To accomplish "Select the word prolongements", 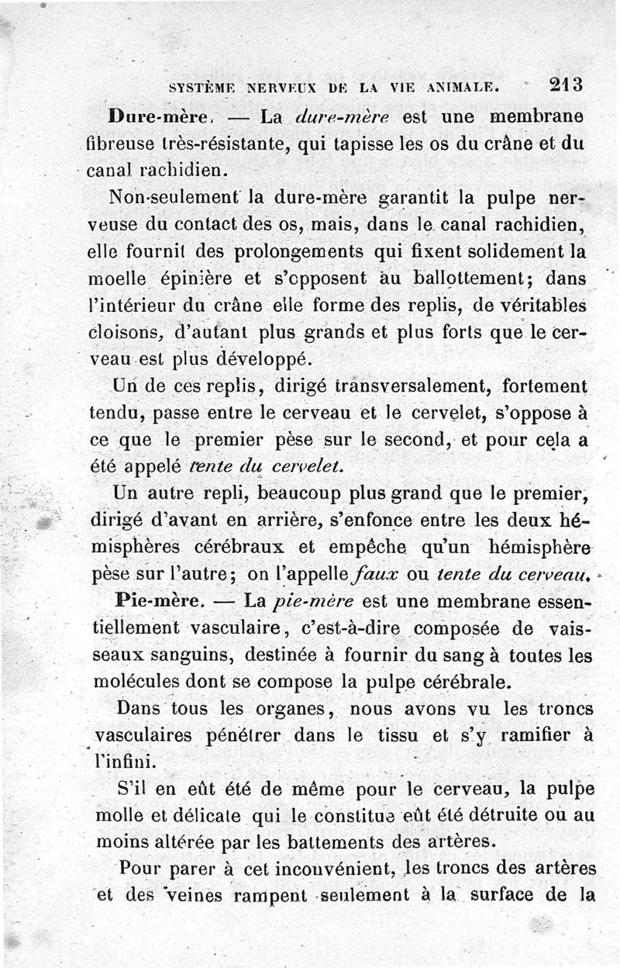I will [278, 252].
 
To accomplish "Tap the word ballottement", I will [472, 278].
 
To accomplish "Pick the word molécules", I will [136, 682].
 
